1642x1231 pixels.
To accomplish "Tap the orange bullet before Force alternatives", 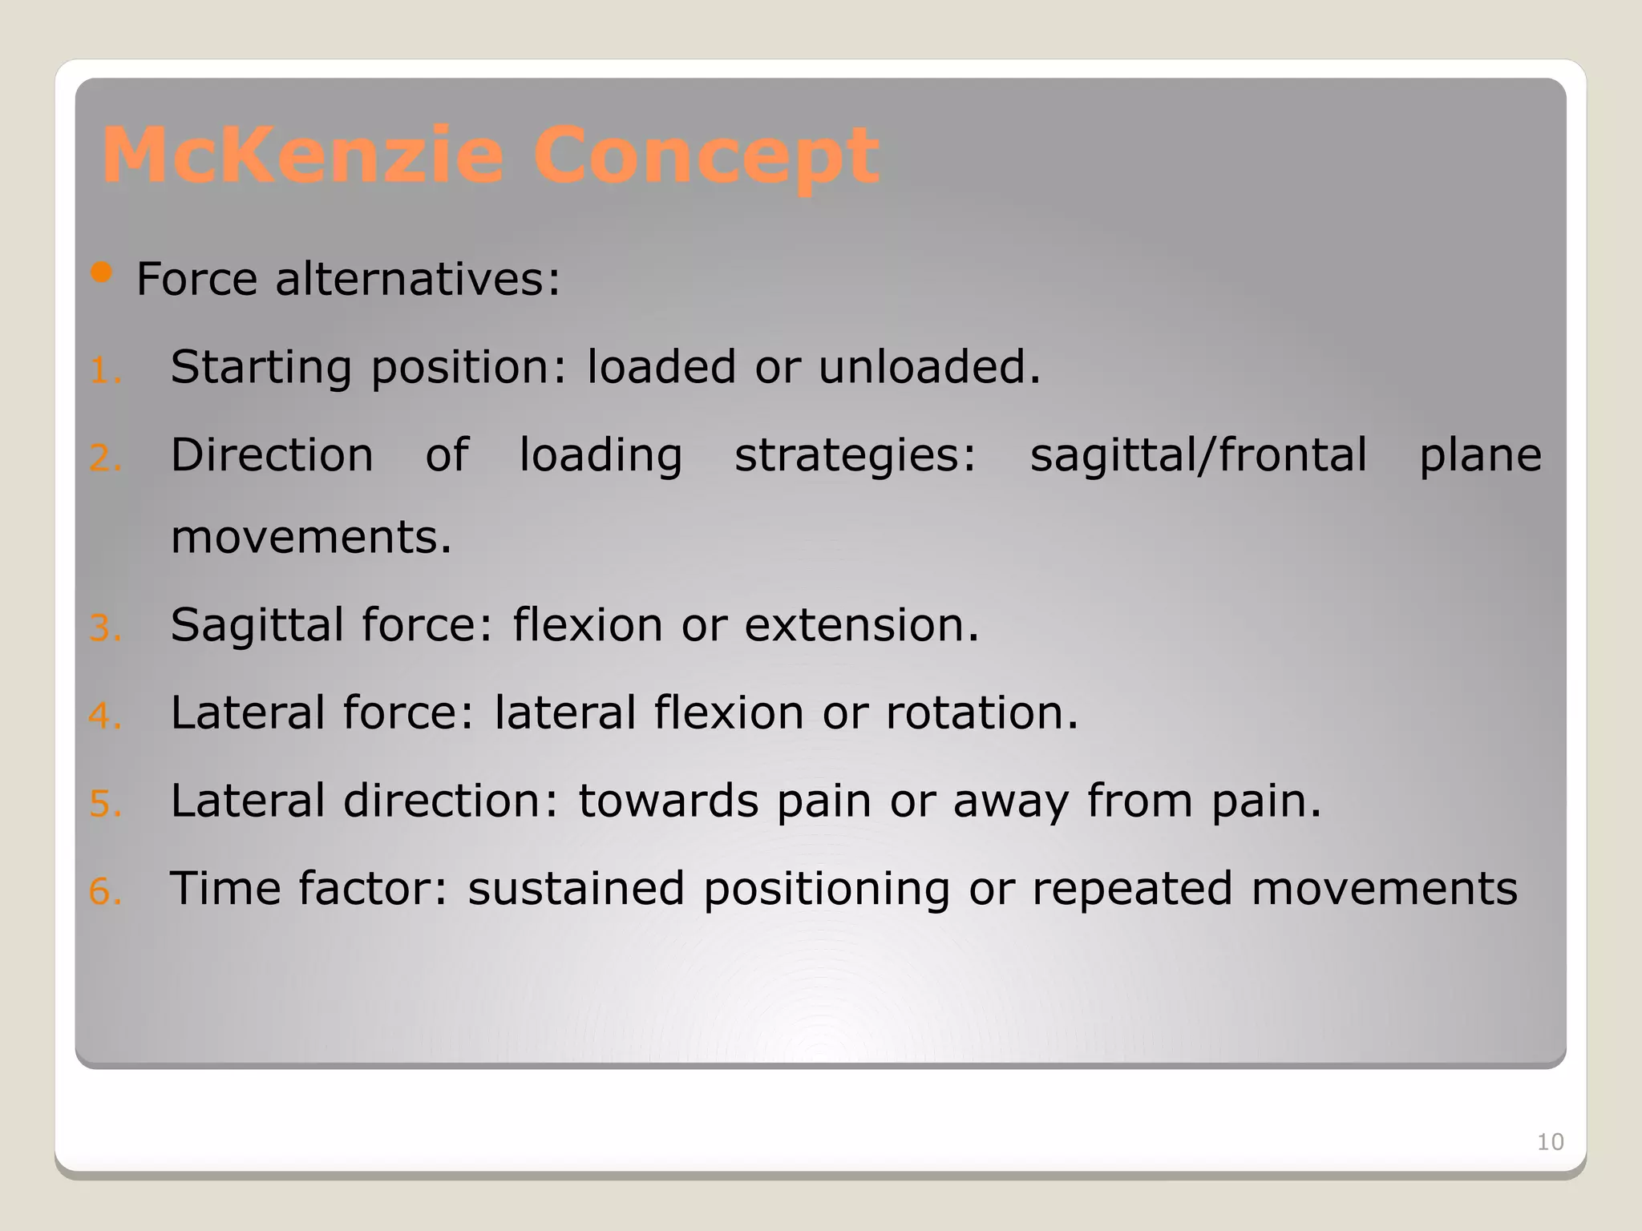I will [x=101, y=273].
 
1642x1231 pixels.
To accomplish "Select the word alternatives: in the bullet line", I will [x=418, y=280].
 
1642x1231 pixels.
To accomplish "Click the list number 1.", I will [x=104, y=371].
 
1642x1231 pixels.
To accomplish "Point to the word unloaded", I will [x=928, y=367].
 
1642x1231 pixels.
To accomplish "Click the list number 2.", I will [x=104, y=458].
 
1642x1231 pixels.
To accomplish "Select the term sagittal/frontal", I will [x=1198, y=455].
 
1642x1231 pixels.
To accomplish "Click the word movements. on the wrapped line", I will [x=311, y=537].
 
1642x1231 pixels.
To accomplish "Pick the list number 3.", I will [x=104, y=628].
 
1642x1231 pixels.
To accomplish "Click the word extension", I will [x=861, y=625].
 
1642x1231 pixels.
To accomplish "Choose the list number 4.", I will [x=104, y=716].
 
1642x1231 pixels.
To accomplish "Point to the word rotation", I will [x=981, y=712].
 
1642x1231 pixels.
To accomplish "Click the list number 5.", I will [x=104, y=804].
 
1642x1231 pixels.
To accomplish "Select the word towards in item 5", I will [x=668, y=801].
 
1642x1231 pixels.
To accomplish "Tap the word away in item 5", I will [x=1010, y=802].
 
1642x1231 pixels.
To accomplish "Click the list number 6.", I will [x=104, y=892].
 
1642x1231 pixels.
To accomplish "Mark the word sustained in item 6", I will [x=576, y=889].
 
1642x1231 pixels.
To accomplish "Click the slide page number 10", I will [x=1550, y=1142].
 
